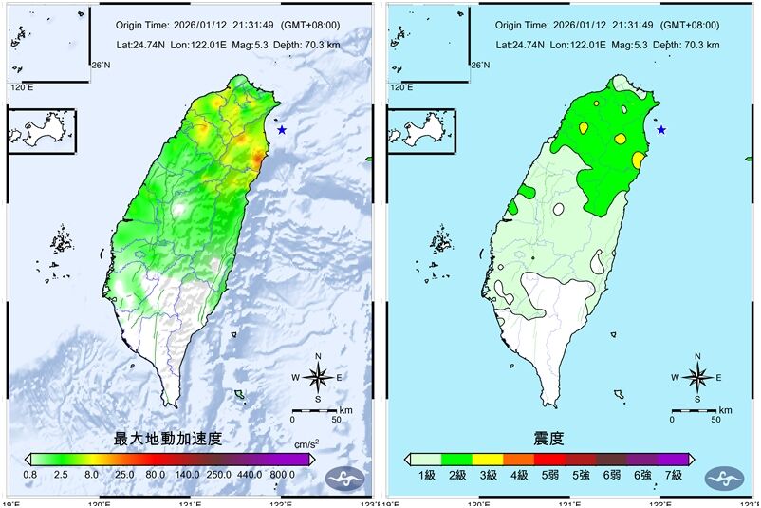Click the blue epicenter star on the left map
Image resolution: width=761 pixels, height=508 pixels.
click(x=282, y=130)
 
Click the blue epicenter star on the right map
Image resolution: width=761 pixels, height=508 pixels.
click(x=661, y=130)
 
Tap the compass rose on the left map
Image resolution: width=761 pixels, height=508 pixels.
click(x=320, y=377)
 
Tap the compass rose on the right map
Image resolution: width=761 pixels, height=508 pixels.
click(x=698, y=377)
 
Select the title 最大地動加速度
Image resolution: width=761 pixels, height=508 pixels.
click(x=168, y=439)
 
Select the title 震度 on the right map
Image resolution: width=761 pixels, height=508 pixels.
click(x=548, y=439)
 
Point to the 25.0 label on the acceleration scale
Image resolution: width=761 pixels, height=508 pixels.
click(x=123, y=474)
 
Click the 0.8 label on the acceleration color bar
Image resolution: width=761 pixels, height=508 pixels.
click(x=30, y=474)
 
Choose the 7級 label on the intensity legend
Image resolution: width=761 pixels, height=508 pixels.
click(x=673, y=474)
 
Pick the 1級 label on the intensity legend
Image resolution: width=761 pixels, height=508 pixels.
click(x=424, y=474)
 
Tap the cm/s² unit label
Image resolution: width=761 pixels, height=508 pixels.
click(x=306, y=443)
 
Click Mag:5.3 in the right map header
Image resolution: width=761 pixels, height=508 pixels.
click(x=633, y=45)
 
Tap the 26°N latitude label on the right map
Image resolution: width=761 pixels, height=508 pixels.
click(x=481, y=65)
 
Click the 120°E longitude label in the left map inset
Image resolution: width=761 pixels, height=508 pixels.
click(x=22, y=87)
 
